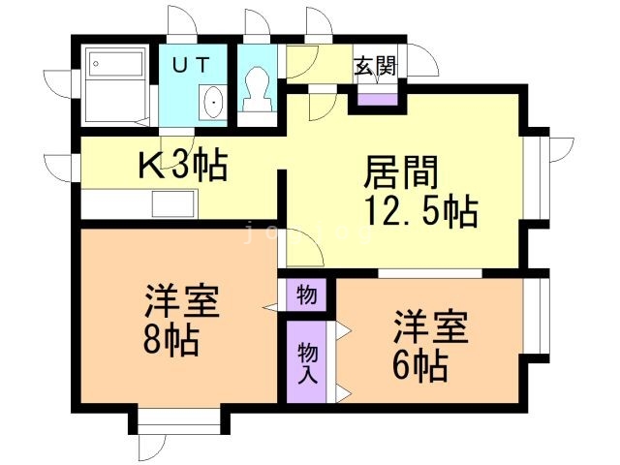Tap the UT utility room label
191,66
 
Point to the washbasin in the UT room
212,102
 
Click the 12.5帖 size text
420,210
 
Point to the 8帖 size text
169,341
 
